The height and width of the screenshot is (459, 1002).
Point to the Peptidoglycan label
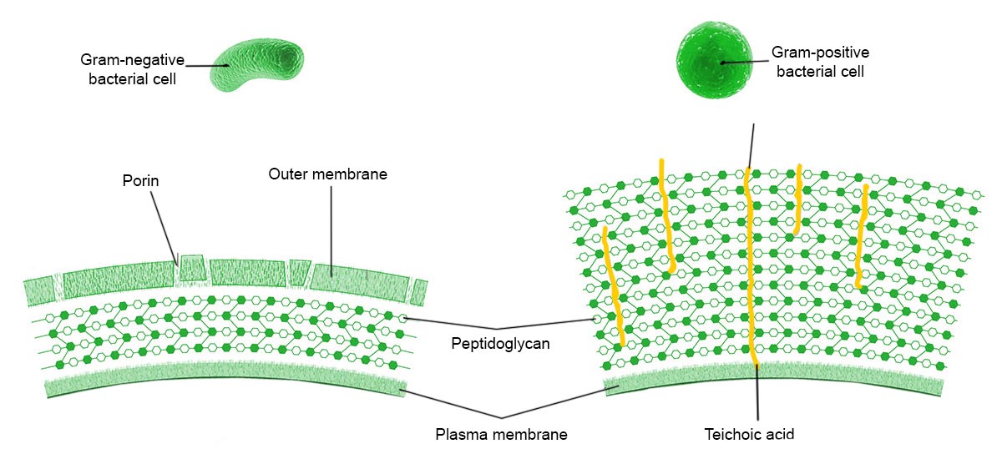tap(499, 343)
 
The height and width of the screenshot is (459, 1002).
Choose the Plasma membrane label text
tap(501, 434)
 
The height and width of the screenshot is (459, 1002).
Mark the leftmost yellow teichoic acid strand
tap(612, 284)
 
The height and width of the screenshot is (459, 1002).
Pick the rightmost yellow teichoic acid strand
tap(862, 238)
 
